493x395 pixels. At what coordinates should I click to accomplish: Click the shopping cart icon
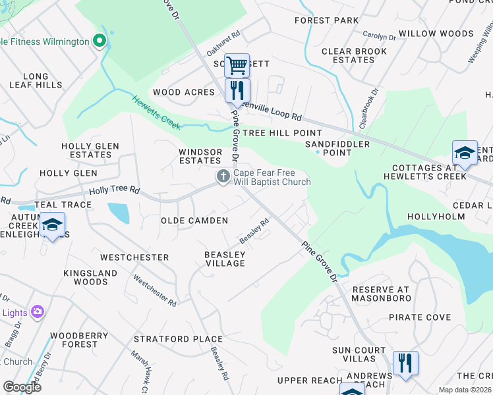click(237, 65)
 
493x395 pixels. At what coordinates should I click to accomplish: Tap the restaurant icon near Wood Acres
click(237, 90)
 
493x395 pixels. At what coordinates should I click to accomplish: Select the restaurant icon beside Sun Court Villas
click(405, 363)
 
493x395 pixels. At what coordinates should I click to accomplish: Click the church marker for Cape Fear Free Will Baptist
click(223, 176)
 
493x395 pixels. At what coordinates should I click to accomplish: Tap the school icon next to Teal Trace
click(52, 224)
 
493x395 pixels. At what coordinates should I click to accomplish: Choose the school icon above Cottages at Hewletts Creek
click(465, 153)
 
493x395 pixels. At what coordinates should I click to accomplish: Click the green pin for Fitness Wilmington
click(100, 41)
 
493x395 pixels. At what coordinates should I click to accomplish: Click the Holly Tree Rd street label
click(115, 190)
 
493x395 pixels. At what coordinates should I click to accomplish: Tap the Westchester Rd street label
click(155, 290)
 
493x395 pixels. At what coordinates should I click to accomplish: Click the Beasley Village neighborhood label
click(225, 259)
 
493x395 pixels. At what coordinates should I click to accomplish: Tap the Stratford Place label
click(178, 339)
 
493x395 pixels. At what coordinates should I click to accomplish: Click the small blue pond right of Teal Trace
click(118, 213)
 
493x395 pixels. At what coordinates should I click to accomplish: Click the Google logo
click(22, 387)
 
